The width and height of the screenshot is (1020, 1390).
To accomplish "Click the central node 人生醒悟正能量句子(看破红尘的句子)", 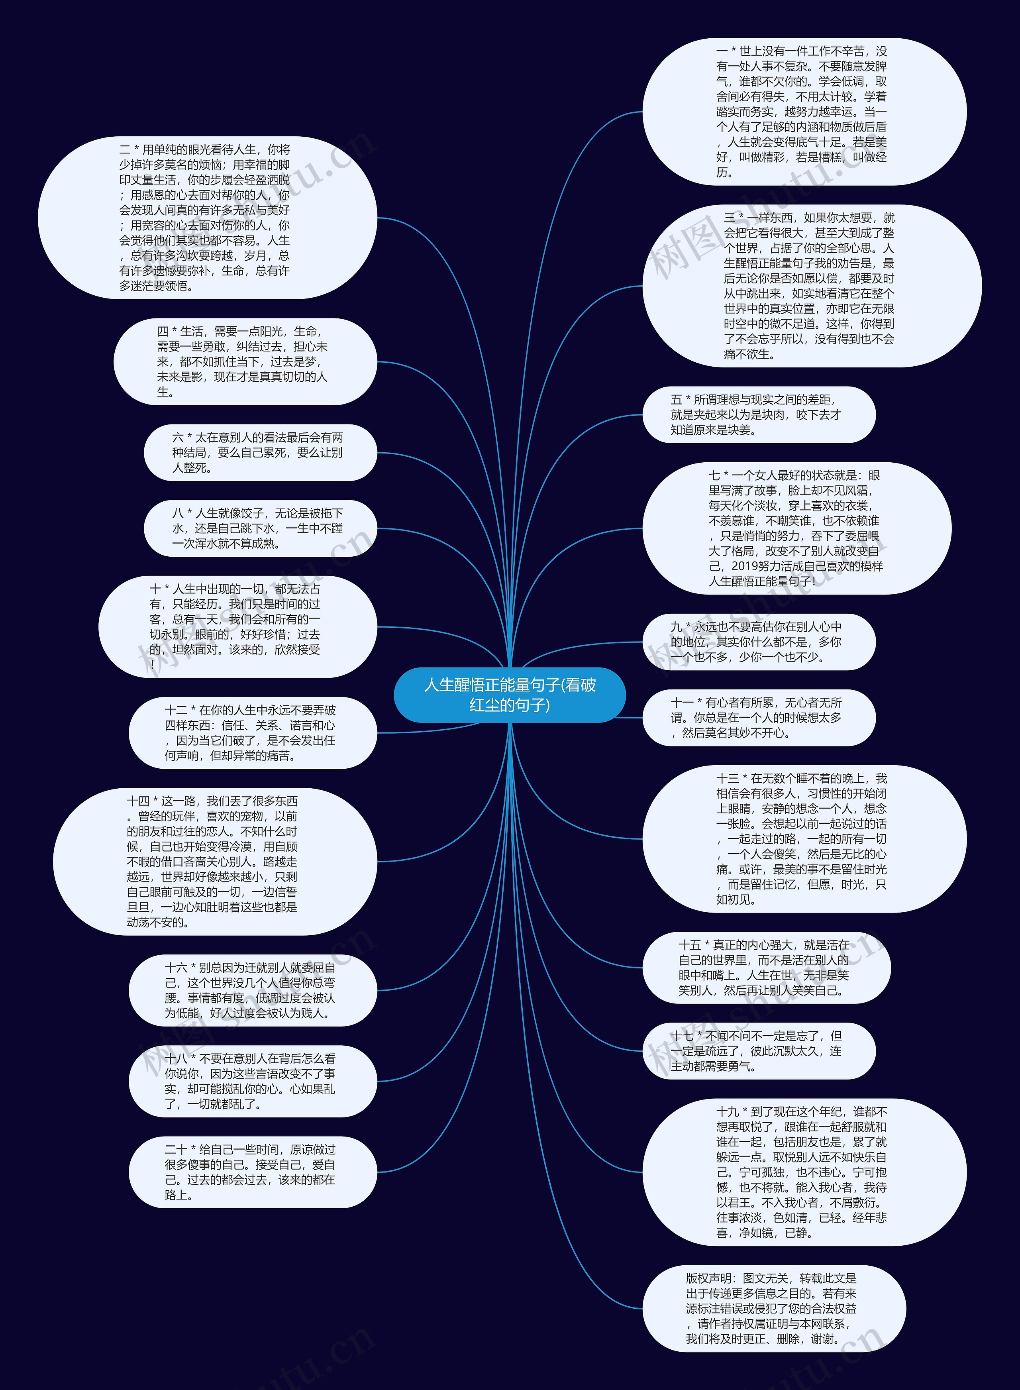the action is [509, 695].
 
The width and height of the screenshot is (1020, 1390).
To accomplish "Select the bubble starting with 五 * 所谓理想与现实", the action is [758, 415].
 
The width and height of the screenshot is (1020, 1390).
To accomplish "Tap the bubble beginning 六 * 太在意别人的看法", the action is [260, 453].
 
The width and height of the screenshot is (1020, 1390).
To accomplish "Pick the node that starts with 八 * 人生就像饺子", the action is [260, 528].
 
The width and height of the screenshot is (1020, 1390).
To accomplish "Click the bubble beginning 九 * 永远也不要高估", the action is [758, 642].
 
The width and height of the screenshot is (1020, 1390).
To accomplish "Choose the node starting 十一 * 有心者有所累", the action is [758, 718].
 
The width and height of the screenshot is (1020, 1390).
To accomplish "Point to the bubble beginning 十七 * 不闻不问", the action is [758, 1051].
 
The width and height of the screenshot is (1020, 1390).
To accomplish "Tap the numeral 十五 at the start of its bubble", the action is [690, 945].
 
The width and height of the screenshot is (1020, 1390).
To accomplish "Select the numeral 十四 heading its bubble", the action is [138, 801].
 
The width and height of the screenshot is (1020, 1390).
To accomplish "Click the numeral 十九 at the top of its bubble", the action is [727, 1111].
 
